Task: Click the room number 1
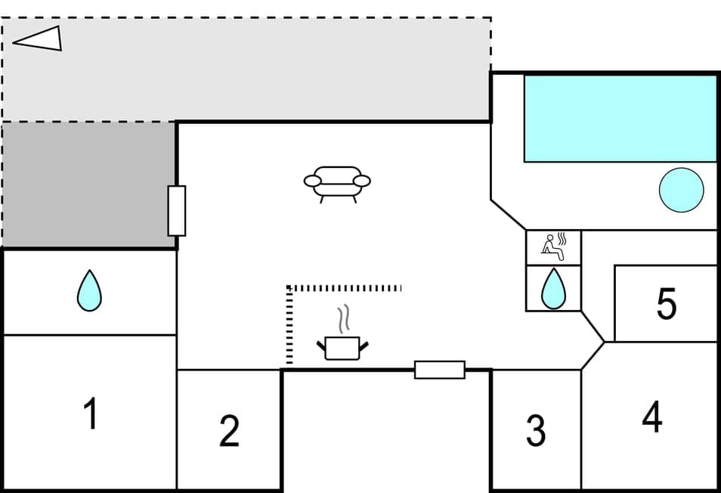pos(91,414)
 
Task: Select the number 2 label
pos(229,430)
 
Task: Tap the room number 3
pos(536,430)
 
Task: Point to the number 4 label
pos(652,416)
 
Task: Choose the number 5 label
pos(666,304)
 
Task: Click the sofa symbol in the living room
pos(337,183)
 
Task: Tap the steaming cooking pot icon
pos(342,348)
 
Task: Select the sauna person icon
pos(554,247)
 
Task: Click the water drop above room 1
pos(89,290)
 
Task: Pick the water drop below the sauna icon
pos(554,288)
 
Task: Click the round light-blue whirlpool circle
pos(681,190)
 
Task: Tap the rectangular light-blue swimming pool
pos(620,118)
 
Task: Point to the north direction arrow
pos(39,39)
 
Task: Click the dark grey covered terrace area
pos(88,184)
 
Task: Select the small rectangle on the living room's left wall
pos(176,210)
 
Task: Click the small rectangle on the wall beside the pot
pos(439,370)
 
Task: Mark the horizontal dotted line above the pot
pos(345,288)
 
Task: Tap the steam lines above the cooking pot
pos(345,319)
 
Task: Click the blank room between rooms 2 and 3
pos(385,429)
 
